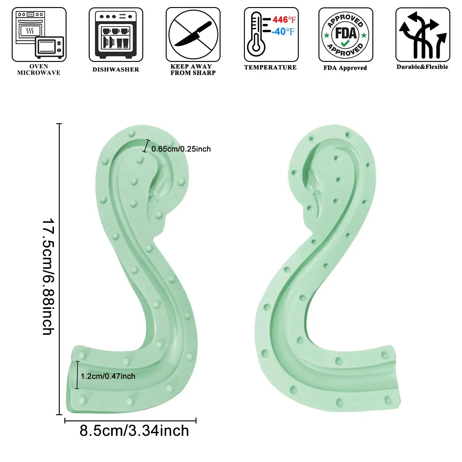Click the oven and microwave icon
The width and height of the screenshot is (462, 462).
(39, 34)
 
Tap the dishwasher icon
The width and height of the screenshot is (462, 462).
(116, 34)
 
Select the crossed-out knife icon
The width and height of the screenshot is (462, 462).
(193, 34)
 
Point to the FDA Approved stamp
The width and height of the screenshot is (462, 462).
(346, 35)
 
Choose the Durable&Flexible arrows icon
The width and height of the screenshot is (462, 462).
(423, 34)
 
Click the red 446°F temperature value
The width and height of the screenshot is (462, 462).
(284, 20)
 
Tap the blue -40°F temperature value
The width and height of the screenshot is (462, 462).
(283, 31)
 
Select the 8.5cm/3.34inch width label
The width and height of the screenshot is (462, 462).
(134, 431)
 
